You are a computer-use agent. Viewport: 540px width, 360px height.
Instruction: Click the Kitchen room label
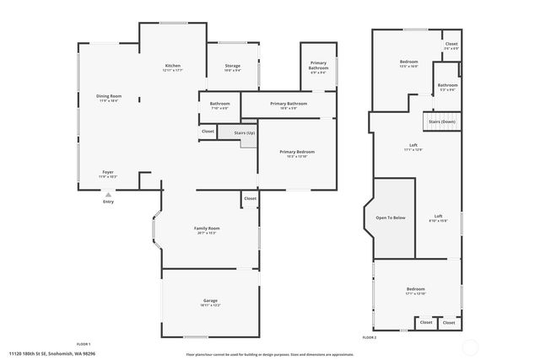173,66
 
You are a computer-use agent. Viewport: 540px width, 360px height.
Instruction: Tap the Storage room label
233,66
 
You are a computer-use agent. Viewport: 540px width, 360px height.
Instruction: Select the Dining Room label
108,96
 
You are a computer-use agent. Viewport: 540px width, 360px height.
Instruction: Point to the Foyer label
108,173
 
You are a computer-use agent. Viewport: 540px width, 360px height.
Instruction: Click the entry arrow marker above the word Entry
108,193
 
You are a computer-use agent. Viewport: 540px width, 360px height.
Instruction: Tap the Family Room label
207,228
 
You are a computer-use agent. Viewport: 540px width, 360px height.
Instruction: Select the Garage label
210,300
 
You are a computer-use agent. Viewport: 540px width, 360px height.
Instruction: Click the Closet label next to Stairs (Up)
208,132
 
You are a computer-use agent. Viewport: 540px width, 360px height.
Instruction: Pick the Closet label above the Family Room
250,199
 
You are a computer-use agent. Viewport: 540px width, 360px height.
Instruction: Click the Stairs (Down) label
441,121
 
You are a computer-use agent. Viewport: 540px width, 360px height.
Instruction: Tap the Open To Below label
391,218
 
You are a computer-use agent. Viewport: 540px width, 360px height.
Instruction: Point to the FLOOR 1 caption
84,345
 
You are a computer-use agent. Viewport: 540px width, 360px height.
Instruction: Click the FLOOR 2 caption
369,336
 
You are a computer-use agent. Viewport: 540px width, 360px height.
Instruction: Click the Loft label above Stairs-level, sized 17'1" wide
413,146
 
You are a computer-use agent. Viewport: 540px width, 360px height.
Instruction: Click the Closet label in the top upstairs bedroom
451,44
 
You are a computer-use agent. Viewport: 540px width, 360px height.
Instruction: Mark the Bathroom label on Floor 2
447,84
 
